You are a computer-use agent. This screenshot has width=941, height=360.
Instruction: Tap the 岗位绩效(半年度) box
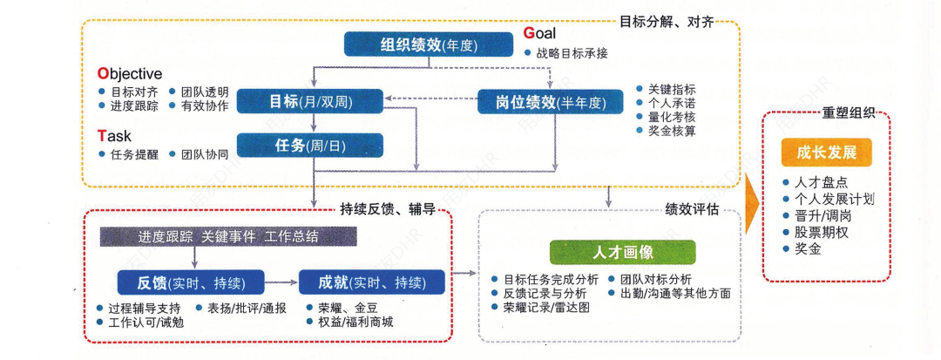click(x=552, y=102)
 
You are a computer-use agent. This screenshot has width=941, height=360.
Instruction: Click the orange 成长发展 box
click(x=826, y=152)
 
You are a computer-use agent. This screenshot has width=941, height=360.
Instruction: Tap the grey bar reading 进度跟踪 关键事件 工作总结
click(x=228, y=236)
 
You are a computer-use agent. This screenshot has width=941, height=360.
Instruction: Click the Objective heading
click(x=129, y=74)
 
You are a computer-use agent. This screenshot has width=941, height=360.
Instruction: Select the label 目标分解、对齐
click(x=666, y=22)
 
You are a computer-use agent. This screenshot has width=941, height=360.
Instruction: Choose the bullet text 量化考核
click(x=672, y=117)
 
